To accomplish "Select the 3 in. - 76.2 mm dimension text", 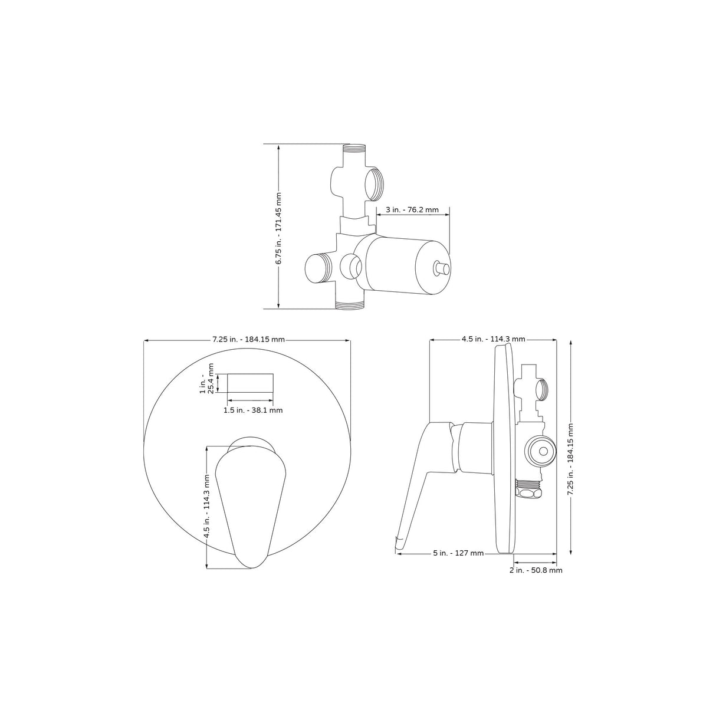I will tap(412, 209).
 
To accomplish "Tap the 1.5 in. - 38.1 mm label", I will tap(252, 410).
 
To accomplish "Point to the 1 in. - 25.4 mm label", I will tap(206, 383).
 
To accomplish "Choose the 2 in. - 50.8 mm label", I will tap(535, 570).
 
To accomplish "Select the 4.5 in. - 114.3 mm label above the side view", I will tap(493, 339).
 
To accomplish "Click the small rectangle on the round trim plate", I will tap(250, 383).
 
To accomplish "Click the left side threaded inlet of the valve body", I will tap(317, 268).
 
